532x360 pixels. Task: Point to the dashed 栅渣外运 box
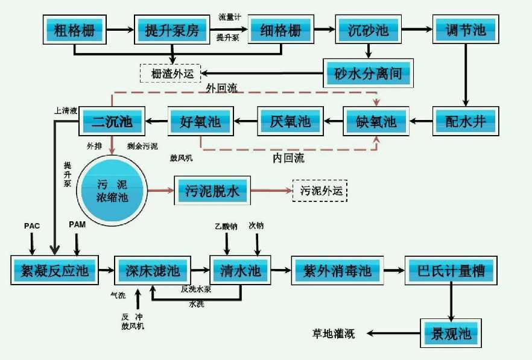173,74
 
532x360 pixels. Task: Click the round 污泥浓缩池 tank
112,188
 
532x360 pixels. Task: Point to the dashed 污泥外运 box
320,191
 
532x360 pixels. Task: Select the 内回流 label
288,159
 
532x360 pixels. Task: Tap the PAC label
31,226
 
